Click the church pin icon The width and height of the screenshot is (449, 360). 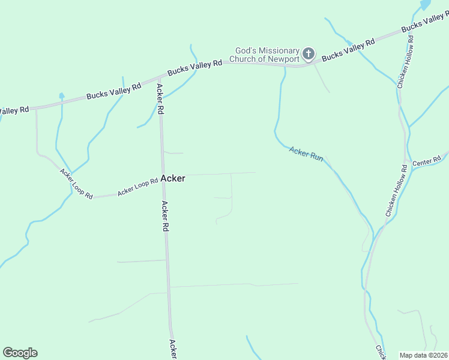308,54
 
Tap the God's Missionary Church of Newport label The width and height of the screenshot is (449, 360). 267,55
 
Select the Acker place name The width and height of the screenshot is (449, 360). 173,178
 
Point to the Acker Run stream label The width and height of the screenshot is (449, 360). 306,154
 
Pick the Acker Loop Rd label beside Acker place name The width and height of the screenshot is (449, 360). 137,188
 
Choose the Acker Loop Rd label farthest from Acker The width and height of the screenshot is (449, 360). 76,183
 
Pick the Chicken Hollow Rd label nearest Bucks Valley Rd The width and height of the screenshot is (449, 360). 405,62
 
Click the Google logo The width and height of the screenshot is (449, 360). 20,352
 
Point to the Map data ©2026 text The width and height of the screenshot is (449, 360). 423,355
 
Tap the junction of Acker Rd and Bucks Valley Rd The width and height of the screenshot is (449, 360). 160,77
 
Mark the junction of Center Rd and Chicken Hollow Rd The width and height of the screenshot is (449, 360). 408,167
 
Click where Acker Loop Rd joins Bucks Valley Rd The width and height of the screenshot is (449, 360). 36,108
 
